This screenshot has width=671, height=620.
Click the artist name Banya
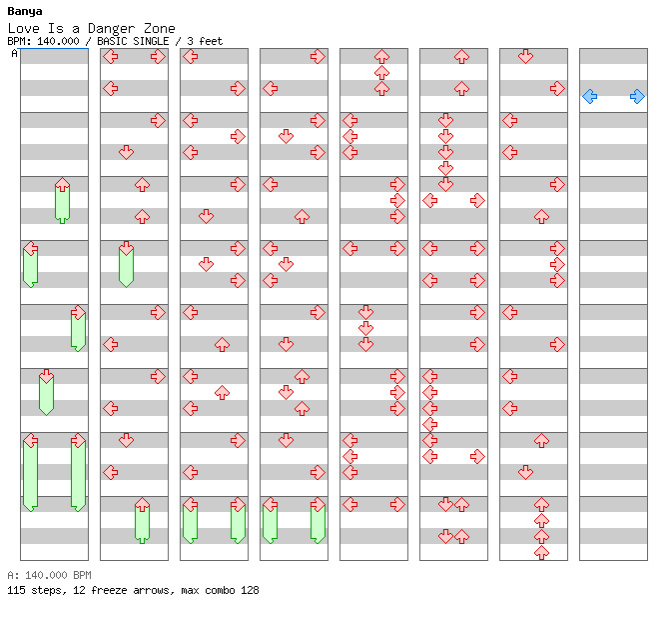pos(24,12)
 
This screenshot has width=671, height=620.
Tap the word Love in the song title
pos(24,29)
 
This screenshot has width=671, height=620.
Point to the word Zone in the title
pos(159,29)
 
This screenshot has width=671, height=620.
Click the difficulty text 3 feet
pos(205,41)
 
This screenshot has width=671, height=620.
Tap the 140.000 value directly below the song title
pos(58,41)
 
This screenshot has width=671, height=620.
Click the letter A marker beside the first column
pos(14,54)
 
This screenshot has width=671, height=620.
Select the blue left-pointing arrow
pos(590,96)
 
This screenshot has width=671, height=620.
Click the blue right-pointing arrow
pos(638,96)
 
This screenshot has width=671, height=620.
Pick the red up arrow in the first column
pos(63,185)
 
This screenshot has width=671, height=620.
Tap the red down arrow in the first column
pos(46,377)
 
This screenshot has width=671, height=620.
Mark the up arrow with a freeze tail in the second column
pos(142,505)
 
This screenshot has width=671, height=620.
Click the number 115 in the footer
pos(16,590)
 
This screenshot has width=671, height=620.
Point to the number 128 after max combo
pos(250,590)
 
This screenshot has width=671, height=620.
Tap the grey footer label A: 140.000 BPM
pos(49,575)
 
